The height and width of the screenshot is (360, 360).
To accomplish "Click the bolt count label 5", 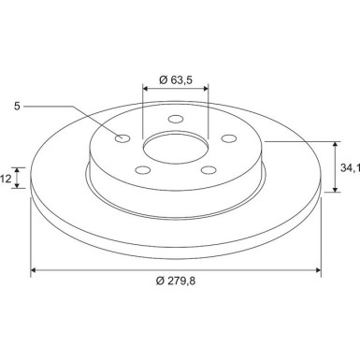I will click(17, 106).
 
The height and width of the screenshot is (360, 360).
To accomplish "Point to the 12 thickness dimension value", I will click(6, 178).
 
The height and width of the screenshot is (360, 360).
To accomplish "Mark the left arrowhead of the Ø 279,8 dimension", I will click(36, 271).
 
